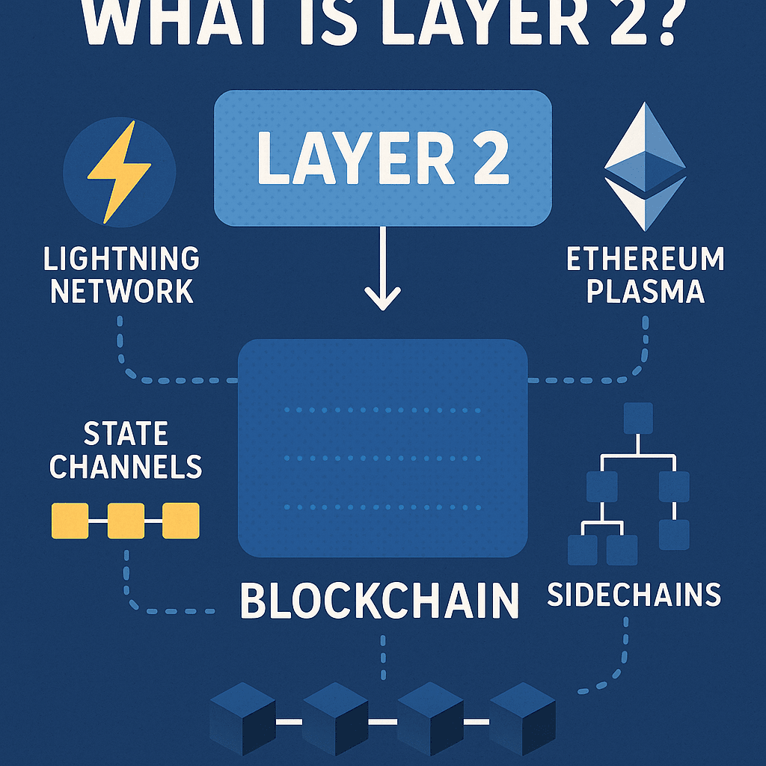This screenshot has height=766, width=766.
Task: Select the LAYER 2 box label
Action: (382, 159)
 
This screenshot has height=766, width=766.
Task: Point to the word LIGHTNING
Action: (121, 260)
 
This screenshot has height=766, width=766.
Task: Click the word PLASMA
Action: (645, 291)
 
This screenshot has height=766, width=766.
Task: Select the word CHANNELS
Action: (126, 466)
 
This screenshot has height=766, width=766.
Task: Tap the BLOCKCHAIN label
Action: (380, 600)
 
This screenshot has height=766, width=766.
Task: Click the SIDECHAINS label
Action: (634, 595)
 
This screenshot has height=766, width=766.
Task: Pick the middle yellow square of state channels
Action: (126, 521)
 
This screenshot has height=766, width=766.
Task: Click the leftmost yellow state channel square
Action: (70, 521)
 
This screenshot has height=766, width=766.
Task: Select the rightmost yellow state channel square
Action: (181, 521)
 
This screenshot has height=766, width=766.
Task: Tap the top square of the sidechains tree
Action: (637, 418)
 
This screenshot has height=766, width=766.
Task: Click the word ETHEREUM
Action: (645, 260)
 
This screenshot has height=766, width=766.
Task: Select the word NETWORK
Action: (121, 291)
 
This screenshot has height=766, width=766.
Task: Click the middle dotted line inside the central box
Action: (382, 458)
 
